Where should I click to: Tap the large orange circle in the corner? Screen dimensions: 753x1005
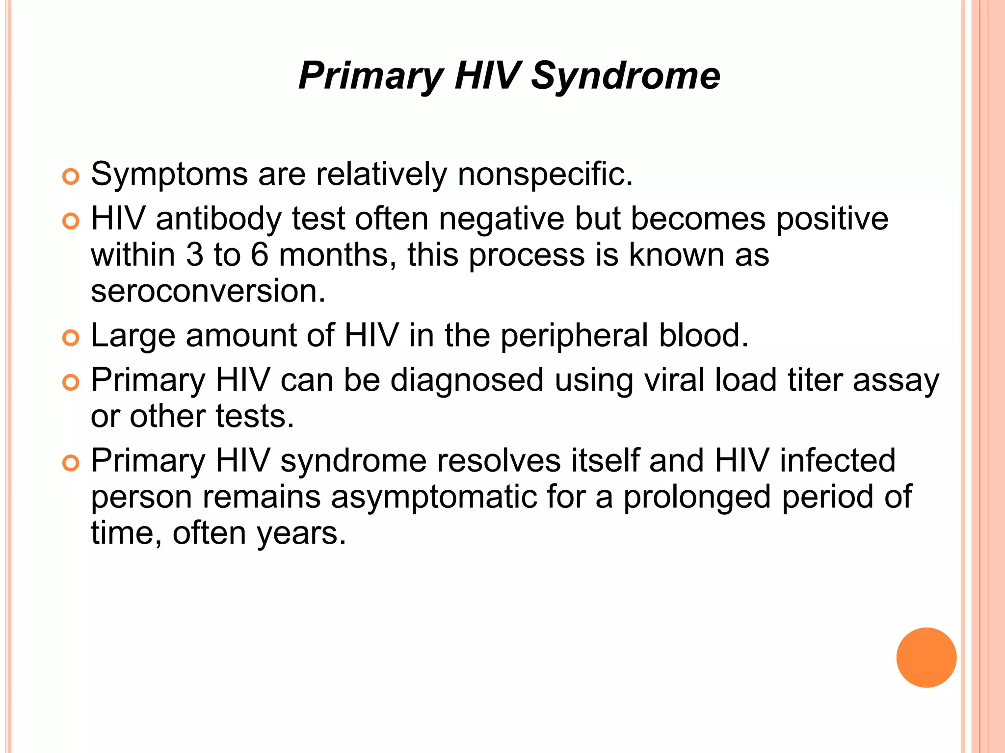[926, 657]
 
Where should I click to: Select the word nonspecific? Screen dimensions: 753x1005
[545, 174]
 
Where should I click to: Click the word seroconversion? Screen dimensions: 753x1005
[208, 291]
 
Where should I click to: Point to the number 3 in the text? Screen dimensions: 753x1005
[195, 255]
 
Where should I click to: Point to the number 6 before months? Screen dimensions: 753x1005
[260, 255]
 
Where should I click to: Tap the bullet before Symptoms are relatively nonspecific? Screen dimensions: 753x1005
[71, 177]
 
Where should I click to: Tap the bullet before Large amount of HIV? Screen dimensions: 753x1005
[71, 338]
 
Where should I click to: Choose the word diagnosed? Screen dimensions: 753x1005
[467, 380]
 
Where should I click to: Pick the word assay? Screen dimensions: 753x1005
[896, 380]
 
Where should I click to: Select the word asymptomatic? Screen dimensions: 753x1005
[434, 497]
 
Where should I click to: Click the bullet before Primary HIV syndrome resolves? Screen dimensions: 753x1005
[71, 463]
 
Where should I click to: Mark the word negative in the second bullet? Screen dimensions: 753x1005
[502, 219]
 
